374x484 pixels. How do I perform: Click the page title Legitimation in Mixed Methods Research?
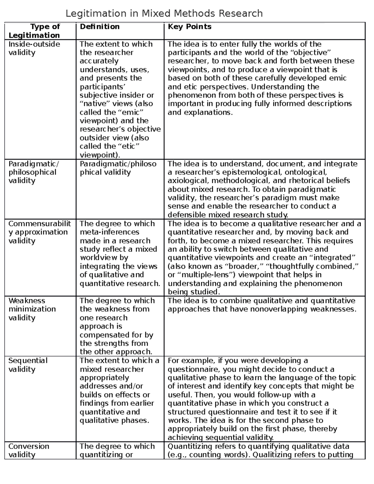164,13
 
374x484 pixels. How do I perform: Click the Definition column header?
99,27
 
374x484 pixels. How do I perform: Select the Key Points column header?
189,27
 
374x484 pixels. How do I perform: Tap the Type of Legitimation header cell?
34,31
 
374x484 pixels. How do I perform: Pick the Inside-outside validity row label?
34,48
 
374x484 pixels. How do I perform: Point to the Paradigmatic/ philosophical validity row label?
33,172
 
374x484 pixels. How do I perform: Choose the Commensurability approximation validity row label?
40,232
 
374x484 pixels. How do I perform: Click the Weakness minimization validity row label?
32,309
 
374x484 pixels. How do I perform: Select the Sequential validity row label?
28,365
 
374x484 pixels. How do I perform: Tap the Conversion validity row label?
29,450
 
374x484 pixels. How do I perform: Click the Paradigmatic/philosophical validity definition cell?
118,168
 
